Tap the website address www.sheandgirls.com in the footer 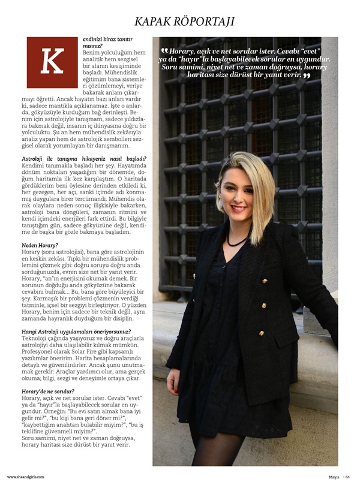(x=25, y=477)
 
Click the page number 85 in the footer (x=347, y=477)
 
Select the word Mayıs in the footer (x=334, y=477)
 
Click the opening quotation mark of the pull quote (x=164, y=51)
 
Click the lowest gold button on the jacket (x=261, y=333)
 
